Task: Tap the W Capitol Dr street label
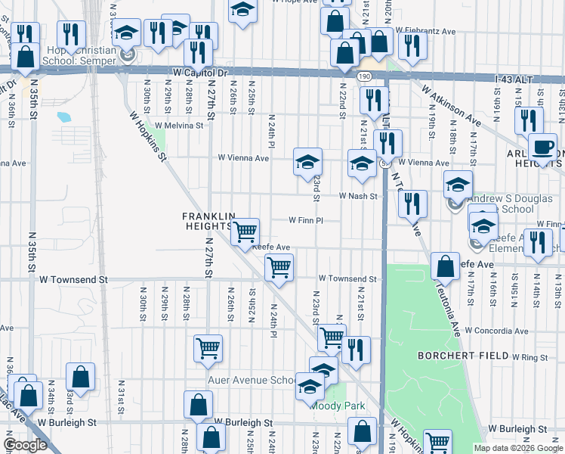[x=199, y=73]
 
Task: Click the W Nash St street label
[x=357, y=196]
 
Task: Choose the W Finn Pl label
[x=305, y=221]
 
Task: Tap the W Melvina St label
[x=181, y=126]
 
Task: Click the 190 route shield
[x=364, y=76]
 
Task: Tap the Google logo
[x=25, y=444]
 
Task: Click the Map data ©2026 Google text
[x=517, y=448]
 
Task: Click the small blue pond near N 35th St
[x=63, y=117]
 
